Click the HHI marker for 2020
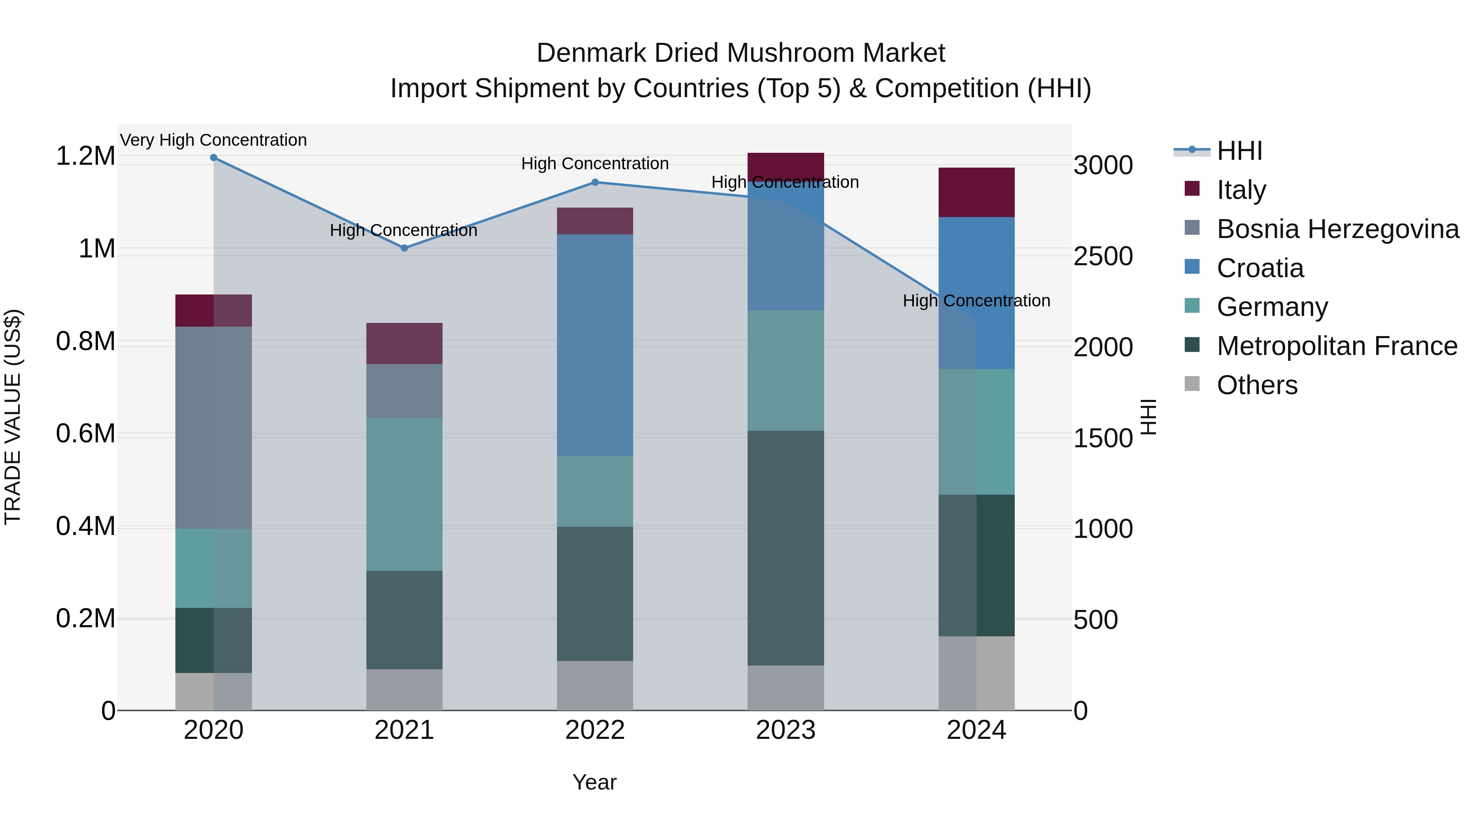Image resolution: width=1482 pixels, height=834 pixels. click(x=213, y=158)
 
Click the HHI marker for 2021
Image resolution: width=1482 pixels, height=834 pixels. click(x=404, y=248)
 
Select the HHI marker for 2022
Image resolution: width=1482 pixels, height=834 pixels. click(x=595, y=182)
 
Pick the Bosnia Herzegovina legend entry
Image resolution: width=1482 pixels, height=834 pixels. click(x=1337, y=229)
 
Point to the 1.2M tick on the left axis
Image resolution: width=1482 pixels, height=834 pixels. click(x=85, y=157)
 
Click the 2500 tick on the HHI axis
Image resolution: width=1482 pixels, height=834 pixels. click(x=1103, y=257)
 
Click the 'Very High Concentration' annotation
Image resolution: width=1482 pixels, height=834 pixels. click(x=213, y=140)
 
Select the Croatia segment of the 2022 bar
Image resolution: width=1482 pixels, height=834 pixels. click(x=595, y=346)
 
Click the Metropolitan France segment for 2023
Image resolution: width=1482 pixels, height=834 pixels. click(x=785, y=547)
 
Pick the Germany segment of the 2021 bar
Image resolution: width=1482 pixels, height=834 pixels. click(x=404, y=494)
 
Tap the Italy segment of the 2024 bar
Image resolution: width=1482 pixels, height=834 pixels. click(x=976, y=192)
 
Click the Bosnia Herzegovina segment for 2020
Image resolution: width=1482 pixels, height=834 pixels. click(x=213, y=427)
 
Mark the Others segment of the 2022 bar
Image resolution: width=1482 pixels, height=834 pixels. click(x=595, y=685)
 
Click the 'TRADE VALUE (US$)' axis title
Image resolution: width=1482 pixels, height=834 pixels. click(x=13, y=417)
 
